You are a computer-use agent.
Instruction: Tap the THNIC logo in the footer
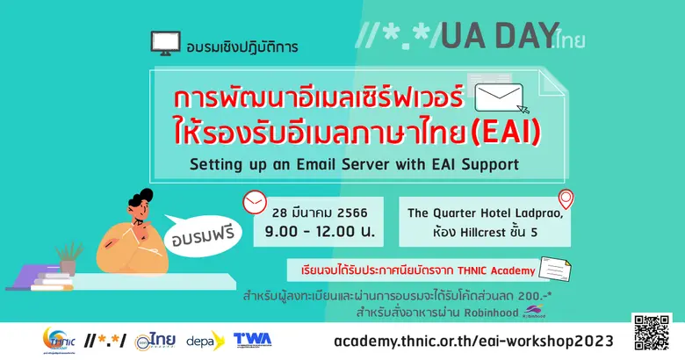click(61, 339)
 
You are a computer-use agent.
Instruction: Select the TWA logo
click(253, 339)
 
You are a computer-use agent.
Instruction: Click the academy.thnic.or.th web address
click(474, 339)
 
